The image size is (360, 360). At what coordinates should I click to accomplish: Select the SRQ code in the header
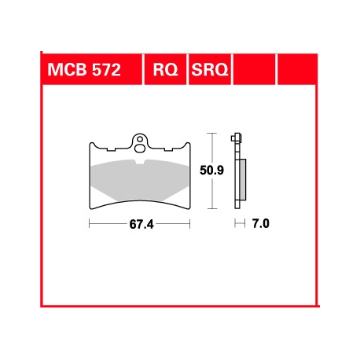point(208,71)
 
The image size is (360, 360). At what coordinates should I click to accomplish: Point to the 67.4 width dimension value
point(141,224)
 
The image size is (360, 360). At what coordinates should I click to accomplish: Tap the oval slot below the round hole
point(140,145)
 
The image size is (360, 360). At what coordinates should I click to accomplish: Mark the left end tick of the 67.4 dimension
point(90,224)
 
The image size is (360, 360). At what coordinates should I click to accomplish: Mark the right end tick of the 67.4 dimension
point(192,224)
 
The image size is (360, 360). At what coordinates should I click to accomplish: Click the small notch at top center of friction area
point(140,162)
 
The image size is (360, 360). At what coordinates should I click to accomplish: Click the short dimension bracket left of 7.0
point(240,224)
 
